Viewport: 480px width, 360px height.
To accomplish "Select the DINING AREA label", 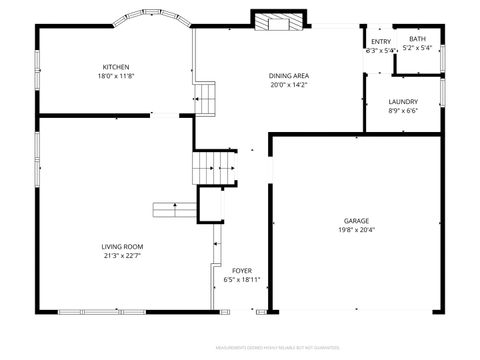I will point(288,76).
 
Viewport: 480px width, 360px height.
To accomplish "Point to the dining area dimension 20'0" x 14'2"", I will point(288,85).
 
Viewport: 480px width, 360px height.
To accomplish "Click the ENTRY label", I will point(382,41).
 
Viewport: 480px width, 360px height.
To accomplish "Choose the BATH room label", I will point(417,39).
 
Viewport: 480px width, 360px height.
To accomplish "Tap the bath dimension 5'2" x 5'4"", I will point(417,47).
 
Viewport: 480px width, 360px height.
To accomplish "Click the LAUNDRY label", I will point(403,101).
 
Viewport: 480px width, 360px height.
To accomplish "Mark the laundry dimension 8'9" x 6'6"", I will point(403,110).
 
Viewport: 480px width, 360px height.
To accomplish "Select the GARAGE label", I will point(357,220).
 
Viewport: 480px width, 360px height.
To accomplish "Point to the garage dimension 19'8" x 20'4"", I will point(357,229).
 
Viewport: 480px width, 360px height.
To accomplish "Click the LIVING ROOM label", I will point(122,246).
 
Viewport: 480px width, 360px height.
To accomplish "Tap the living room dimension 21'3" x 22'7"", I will point(122,255).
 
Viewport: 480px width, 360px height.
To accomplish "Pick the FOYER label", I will point(242,270).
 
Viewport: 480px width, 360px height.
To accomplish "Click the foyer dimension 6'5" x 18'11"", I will point(242,279).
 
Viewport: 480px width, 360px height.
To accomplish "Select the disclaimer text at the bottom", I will point(284,348).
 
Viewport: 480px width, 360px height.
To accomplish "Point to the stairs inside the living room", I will point(174,209).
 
